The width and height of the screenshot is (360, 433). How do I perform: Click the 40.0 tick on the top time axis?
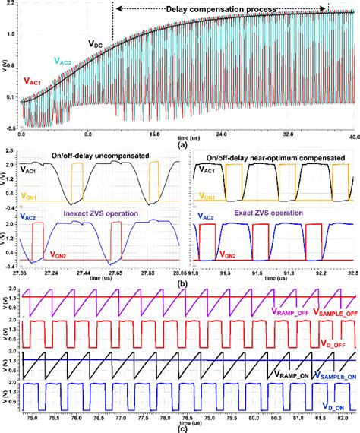(x=353, y=134)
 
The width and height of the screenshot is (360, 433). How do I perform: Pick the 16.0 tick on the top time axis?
(x=154, y=134)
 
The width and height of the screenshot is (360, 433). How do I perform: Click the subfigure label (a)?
(x=182, y=143)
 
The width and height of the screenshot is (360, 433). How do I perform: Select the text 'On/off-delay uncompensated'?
(x=99, y=154)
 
